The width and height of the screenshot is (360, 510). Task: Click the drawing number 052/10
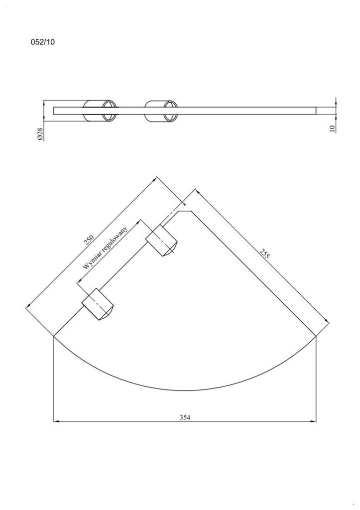tap(43, 42)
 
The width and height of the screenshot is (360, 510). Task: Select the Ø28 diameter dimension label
tap(40, 134)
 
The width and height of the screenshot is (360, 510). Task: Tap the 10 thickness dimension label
tap(332, 128)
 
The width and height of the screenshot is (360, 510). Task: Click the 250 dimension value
tap(89, 240)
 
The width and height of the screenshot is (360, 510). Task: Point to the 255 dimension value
tap(265, 254)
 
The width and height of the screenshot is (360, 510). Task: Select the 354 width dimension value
tap(185, 417)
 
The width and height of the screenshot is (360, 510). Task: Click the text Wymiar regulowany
tap(106, 248)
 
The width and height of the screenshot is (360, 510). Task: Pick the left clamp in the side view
tap(101, 111)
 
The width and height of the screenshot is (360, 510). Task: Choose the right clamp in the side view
tap(161, 111)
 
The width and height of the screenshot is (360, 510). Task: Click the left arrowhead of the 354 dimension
tap(56, 422)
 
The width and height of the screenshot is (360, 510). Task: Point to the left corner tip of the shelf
tap(53, 337)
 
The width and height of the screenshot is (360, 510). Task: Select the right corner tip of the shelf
tap(317, 337)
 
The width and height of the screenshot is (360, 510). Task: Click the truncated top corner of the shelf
tap(185, 211)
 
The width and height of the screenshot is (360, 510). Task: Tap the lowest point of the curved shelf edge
tap(185, 390)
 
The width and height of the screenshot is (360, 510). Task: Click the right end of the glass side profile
tap(317, 111)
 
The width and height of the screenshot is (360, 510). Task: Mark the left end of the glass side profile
tap(54, 111)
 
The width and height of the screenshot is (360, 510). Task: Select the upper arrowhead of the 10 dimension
tap(337, 104)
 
